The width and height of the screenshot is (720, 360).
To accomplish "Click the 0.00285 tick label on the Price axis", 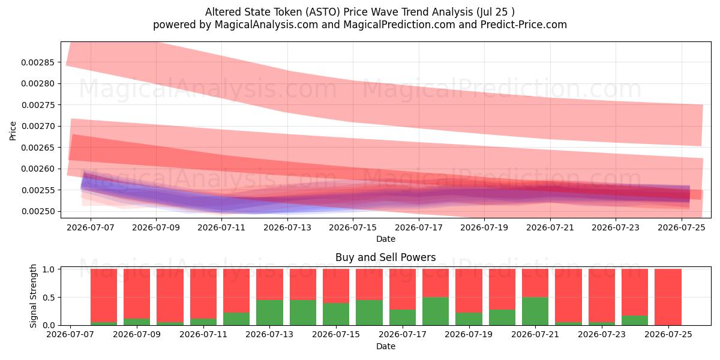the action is pos(38,62).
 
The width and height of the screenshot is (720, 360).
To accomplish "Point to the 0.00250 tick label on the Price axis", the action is pos(38,211).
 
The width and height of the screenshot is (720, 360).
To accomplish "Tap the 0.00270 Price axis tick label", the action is pos(38,127).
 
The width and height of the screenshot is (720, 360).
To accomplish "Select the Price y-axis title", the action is pos(13,131).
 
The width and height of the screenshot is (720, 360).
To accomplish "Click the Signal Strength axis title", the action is pos(33,296).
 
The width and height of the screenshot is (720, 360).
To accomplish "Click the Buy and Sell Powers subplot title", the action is pos(385,257).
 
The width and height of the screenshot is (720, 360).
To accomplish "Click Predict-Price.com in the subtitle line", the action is pos(524,25).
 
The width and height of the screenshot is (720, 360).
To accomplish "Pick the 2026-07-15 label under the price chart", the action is pos(353,227).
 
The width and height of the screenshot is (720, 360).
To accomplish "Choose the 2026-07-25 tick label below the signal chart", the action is pos(668,334).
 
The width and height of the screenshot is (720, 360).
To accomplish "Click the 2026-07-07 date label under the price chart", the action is pos(91,227).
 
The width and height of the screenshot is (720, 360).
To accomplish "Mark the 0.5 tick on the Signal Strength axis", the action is pos(49,298).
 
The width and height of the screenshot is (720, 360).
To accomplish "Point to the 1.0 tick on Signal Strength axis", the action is pos(49,269).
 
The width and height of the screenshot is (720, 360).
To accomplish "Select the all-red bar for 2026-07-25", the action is pos(668,297).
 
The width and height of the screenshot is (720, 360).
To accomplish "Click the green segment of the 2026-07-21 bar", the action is pos(535,311).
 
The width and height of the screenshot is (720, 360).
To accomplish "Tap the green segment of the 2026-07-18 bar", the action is pos(436,311).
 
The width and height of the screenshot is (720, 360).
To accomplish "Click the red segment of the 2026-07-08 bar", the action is pos(104,295).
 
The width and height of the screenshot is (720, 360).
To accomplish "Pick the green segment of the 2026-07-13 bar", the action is pos(269,313).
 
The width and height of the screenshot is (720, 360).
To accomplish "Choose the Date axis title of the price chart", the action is pos(386,239).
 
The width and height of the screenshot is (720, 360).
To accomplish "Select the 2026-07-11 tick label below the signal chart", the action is pos(203,334).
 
